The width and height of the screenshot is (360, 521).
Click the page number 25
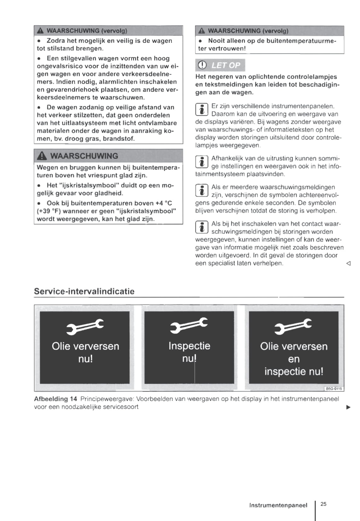323,504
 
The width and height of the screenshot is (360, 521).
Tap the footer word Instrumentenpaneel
278,505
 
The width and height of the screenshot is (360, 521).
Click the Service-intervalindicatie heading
84,291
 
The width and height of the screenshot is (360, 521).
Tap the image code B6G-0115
334,389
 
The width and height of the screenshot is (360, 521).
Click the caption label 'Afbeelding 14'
55,399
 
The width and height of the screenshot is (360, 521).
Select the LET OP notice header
220,65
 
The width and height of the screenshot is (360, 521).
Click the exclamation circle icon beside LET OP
202,65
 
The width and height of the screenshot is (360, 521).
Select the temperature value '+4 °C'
164,203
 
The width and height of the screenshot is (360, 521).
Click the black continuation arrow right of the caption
348,407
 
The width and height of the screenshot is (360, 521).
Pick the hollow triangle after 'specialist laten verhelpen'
348,263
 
